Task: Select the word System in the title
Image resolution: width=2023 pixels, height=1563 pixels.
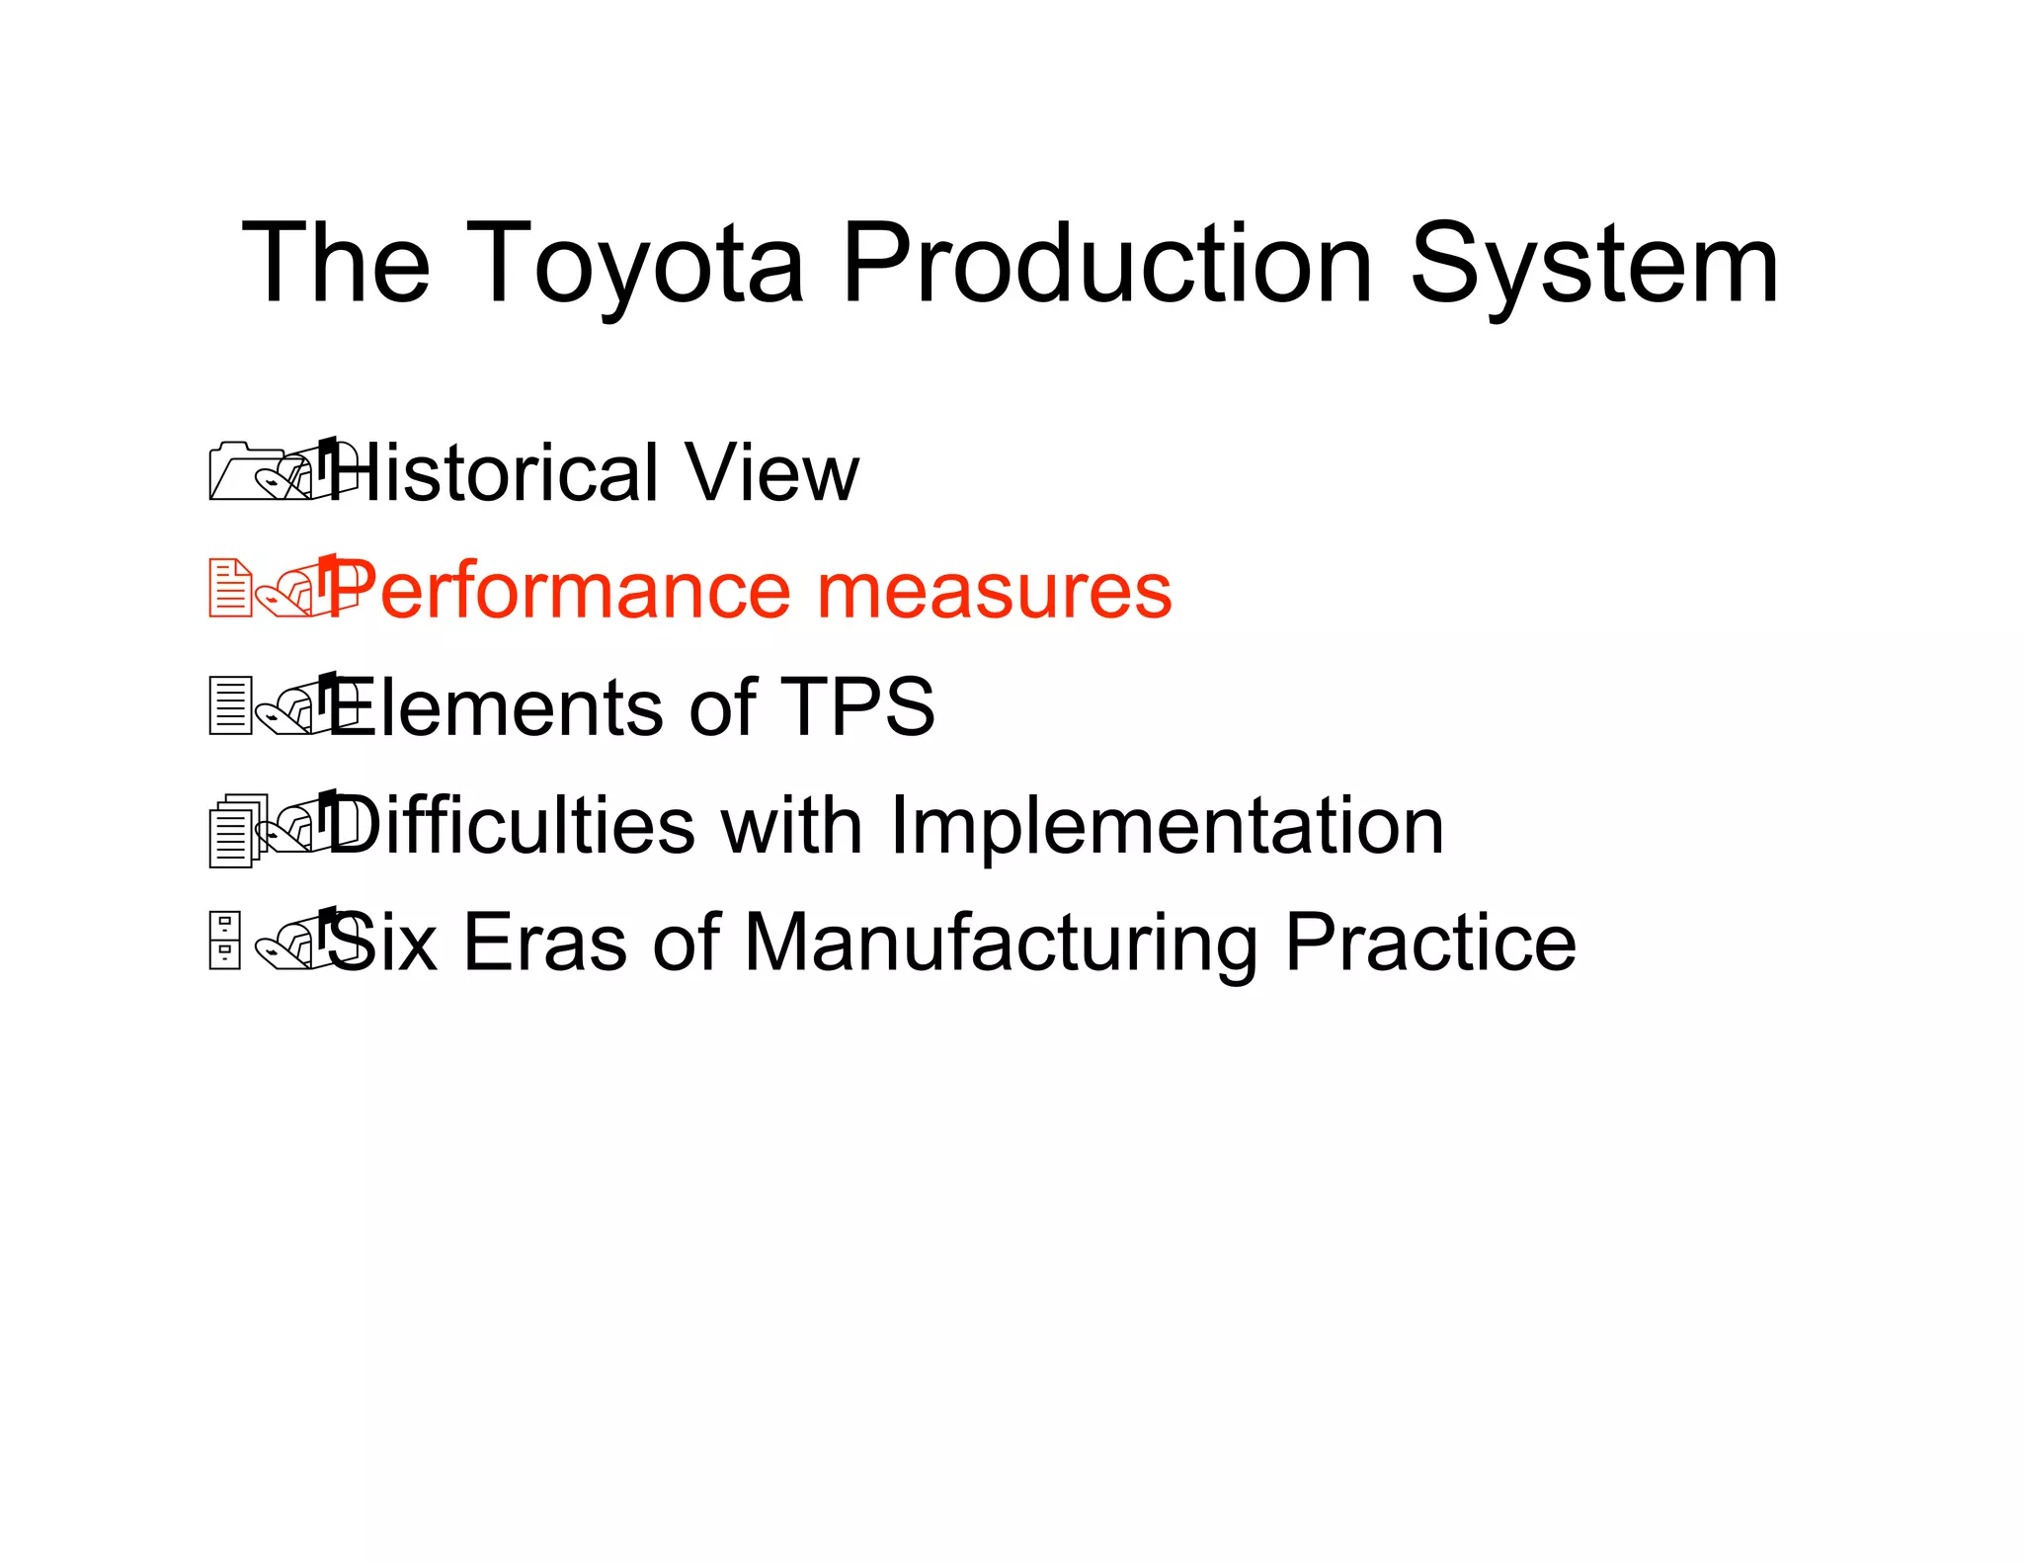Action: click(1592, 265)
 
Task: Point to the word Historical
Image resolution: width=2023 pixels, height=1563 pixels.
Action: click(494, 473)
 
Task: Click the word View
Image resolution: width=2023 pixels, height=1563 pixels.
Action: click(771, 473)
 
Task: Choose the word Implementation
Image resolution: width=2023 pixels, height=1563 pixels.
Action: click(1167, 825)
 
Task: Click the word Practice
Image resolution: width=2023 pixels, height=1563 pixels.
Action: click(1429, 943)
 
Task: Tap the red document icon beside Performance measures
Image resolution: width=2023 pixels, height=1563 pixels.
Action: click(230, 589)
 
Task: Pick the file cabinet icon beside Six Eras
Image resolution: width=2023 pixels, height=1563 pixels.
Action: click(225, 941)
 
